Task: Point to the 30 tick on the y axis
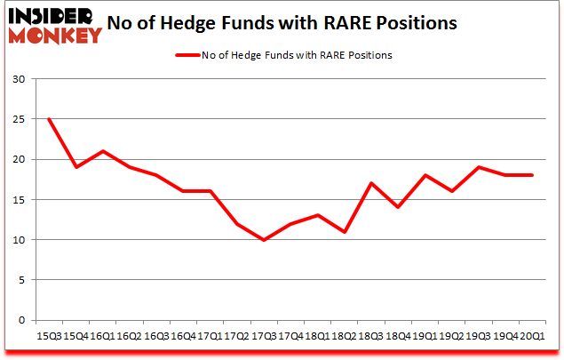point(18,79)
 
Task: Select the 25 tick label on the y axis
point(18,119)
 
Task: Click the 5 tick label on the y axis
point(21,280)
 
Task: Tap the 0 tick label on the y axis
point(21,320)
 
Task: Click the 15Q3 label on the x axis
point(48,336)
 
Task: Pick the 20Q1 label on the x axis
point(532,336)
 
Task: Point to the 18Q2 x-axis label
point(343,336)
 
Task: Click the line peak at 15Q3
point(48,119)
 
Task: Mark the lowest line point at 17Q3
point(263,240)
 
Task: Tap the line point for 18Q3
point(370,183)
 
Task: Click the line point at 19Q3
point(478,167)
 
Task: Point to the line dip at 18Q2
point(344,232)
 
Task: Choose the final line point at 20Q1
point(532,175)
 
